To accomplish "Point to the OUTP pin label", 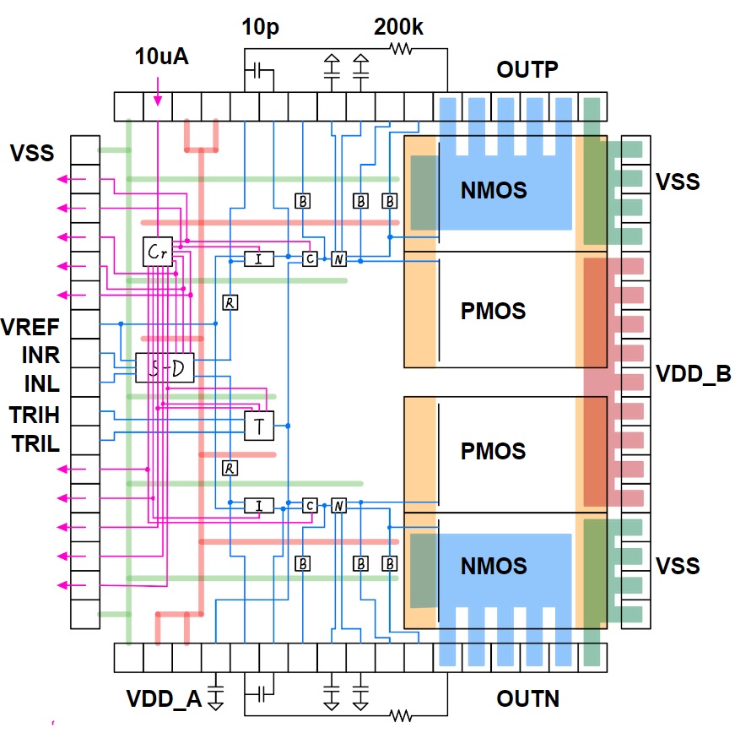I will (527, 69).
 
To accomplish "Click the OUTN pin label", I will (528, 698).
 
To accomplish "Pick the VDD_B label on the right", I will (692, 373).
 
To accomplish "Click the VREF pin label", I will (30, 327).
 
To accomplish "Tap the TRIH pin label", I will (35, 414).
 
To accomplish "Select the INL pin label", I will (41, 384).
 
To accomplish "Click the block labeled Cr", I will (158, 252).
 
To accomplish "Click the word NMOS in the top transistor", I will (494, 190).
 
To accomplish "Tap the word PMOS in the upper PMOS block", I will (494, 310).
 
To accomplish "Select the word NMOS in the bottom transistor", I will (494, 565).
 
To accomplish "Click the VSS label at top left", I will (32, 153).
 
